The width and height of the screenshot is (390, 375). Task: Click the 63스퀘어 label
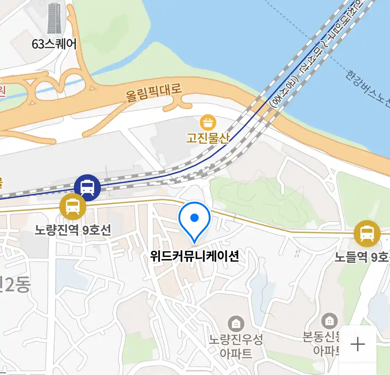pos(54,44)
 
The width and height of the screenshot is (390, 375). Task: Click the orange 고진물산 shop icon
pos(208,123)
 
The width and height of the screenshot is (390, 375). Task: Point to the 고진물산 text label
pos(208,138)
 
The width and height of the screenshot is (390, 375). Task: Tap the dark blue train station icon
pos(87,188)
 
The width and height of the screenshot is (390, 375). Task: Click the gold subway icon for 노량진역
pos(73,207)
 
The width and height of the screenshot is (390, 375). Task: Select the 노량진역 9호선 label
pos(73,230)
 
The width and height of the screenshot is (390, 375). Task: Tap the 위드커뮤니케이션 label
pos(194,256)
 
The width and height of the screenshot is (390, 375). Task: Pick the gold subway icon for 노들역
pos(367,233)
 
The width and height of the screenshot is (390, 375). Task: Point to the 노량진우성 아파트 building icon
pos(236,324)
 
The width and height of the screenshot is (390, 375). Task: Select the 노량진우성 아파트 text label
pos(236,346)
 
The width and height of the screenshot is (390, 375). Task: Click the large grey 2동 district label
pos(16,285)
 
